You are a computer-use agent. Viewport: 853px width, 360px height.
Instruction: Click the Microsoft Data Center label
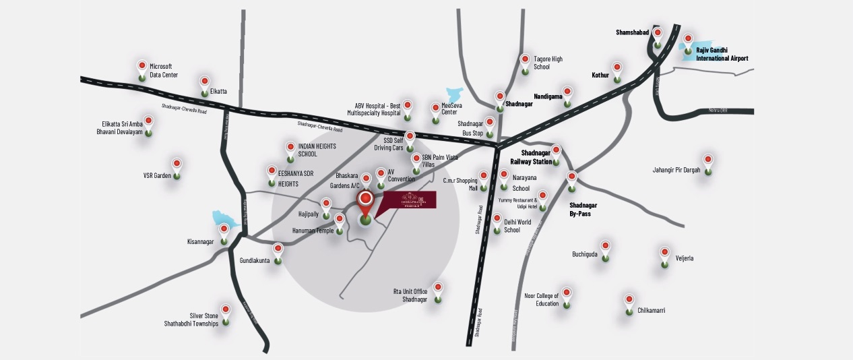tap(164, 71)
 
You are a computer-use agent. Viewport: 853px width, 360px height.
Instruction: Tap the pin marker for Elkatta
tap(204, 84)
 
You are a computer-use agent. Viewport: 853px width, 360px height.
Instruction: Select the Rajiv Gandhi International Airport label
tap(722, 55)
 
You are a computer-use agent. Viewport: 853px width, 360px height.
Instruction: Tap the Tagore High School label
tap(547, 63)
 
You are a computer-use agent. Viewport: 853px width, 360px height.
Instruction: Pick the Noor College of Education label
tap(542, 299)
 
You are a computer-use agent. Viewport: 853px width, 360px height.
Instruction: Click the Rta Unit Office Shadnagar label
tap(410, 295)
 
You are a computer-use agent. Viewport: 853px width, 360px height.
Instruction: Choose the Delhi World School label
tap(517, 226)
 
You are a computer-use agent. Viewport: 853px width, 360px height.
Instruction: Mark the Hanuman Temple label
tap(313, 231)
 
